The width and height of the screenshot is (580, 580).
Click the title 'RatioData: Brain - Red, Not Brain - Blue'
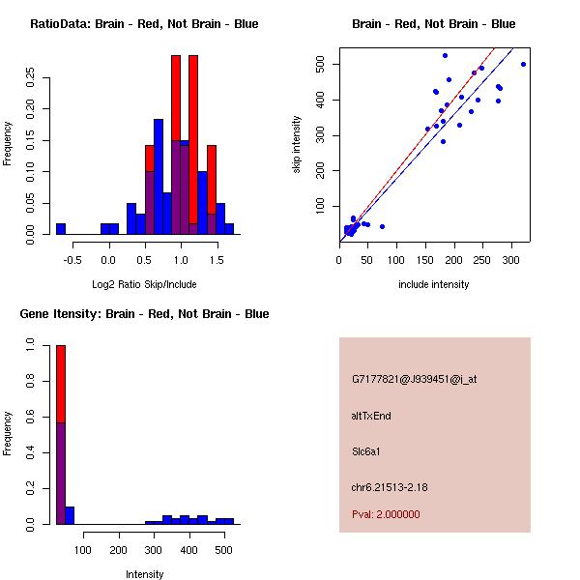click(144, 24)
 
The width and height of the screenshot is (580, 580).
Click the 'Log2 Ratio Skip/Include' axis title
click(144, 284)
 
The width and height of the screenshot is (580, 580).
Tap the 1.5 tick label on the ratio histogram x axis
click(217, 259)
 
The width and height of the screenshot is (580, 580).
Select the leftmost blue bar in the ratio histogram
click(61, 229)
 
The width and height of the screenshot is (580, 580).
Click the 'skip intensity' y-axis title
click(298, 145)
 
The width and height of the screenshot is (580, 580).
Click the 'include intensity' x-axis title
click(433, 284)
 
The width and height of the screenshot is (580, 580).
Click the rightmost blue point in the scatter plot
click(523, 64)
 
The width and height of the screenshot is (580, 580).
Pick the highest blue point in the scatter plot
click(445, 55)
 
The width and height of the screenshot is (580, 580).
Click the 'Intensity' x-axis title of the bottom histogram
click(144, 574)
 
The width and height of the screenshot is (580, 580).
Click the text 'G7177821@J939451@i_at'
click(415, 379)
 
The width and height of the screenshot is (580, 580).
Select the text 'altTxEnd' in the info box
click(371, 416)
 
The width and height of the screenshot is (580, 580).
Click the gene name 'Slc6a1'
click(367, 450)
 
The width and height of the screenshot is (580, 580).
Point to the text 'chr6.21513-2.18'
click(390, 485)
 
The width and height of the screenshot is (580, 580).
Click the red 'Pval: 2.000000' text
click(386, 514)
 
